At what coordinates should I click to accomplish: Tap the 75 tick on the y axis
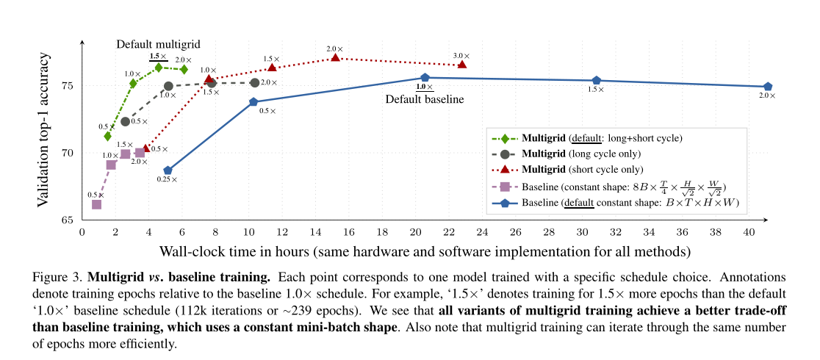(x=68, y=86)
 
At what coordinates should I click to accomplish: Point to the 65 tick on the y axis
(x=68, y=220)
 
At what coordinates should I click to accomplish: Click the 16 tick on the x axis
(x=349, y=232)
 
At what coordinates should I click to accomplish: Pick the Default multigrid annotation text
(x=158, y=44)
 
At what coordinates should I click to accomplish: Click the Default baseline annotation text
(x=425, y=99)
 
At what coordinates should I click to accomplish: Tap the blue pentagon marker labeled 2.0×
(x=768, y=87)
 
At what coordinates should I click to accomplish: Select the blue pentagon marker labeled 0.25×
(x=168, y=170)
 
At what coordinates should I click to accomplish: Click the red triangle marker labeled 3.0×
(x=461, y=65)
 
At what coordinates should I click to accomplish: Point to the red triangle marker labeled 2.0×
(x=336, y=57)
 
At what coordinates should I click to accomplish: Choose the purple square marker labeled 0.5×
(x=96, y=204)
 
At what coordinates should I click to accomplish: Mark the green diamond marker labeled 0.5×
(x=108, y=136)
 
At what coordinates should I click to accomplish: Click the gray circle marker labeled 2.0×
(x=255, y=83)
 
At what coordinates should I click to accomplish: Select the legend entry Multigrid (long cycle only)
(x=580, y=154)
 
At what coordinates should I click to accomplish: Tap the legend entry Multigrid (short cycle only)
(x=581, y=170)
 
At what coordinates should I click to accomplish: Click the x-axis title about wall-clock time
(x=425, y=251)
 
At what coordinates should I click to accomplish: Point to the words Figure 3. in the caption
(x=59, y=278)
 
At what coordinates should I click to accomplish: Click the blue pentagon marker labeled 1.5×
(x=596, y=80)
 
